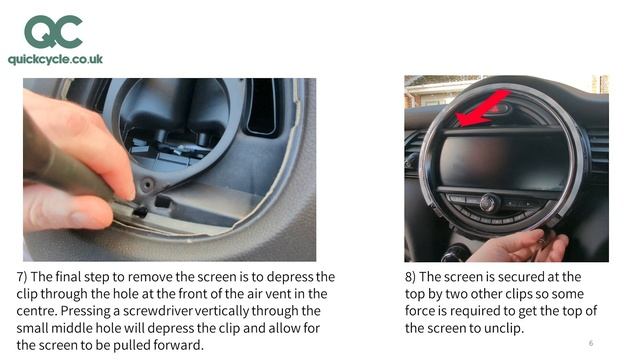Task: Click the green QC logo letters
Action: click(54, 32)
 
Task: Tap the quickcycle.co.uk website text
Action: click(55, 60)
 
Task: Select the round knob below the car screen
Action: click(488, 202)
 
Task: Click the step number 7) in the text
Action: click(23, 276)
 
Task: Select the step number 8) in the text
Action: click(411, 276)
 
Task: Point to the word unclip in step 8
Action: click(501, 328)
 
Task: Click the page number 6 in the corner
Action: click(591, 343)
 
